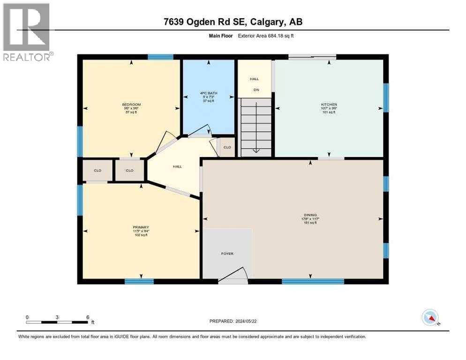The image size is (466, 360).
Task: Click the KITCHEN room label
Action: (329, 105)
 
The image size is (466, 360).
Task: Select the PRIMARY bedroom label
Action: (141, 227)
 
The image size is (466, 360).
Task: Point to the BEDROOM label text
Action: (131, 105)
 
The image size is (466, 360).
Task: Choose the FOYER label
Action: (227, 254)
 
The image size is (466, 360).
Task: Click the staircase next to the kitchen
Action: (256, 127)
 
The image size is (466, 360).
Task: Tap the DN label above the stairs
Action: (256, 90)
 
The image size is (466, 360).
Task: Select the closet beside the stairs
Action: (227, 147)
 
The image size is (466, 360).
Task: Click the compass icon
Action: (430, 317)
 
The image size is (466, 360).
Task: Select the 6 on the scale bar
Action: (87, 317)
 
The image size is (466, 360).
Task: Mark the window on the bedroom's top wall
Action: (160, 57)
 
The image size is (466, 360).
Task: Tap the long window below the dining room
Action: (313, 281)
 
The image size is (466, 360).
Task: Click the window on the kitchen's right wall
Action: (386, 97)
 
